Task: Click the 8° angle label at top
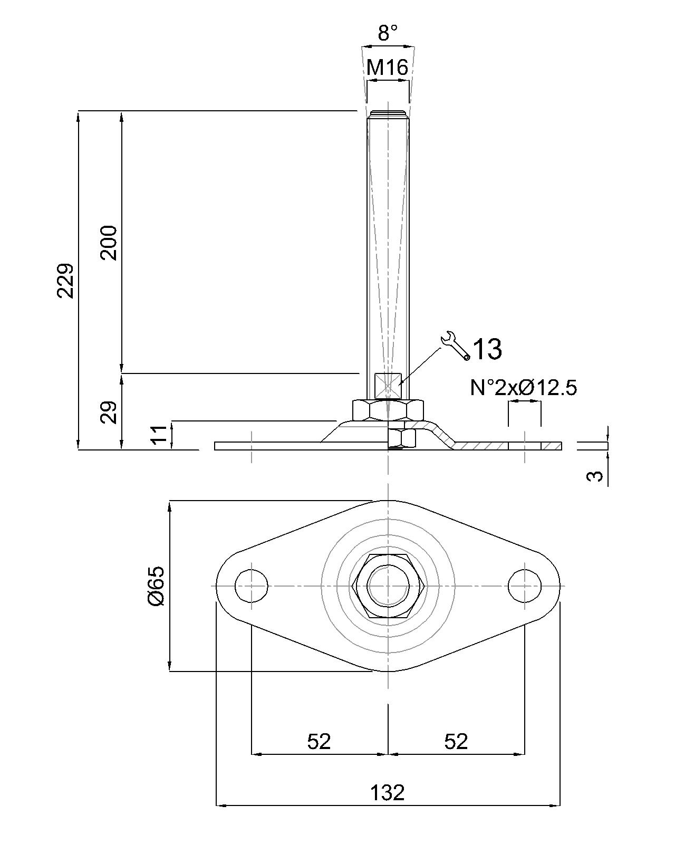(x=388, y=33)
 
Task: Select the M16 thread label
(x=388, y=68)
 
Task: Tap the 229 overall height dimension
(x=65, y=281)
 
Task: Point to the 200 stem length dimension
(x=109, y=243)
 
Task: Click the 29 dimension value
(x=109, y=413)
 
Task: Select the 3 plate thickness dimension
(x=595, y=476)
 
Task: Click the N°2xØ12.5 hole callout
(x=524, y=388)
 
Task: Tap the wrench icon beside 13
(x=455, y=346)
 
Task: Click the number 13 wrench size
(x=487, y=349)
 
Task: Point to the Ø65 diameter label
(x=157, y=586)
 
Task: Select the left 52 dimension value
(x=319, y=742)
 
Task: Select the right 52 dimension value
(x=456, y=742)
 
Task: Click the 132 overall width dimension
(x=388, y=793)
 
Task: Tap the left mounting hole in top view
(x=252, y=586)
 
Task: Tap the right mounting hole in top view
(x=525, y=586)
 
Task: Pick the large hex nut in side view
(x=388, y=410)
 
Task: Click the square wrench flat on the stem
(x=388, y=386)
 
